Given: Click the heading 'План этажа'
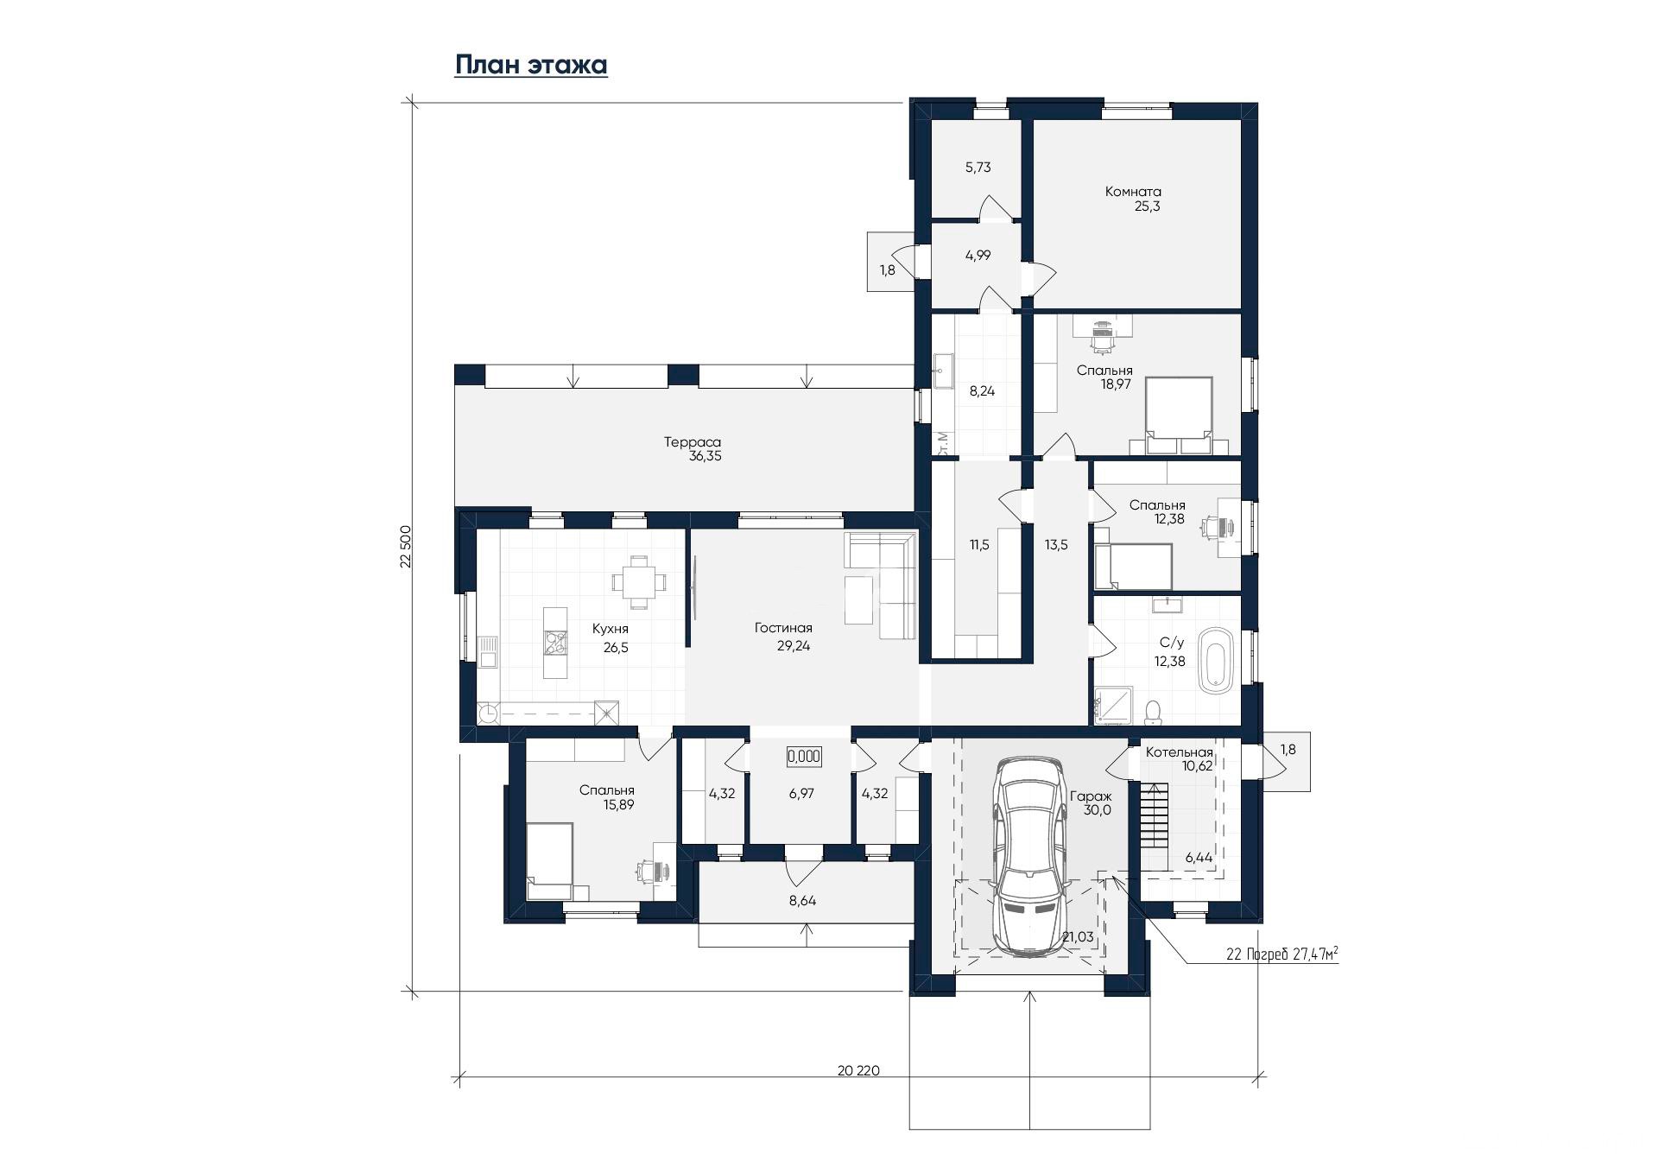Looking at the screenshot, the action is click(x=531, y=66).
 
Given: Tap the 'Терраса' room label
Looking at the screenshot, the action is click(x=693, y=441).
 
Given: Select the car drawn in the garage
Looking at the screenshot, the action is click(x=1028, y=855).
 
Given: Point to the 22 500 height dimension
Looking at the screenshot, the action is click(x=405, y=546).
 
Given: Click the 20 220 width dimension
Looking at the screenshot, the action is click(x=858, y=1070).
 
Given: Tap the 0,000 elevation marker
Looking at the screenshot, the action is click(x=804, y=757).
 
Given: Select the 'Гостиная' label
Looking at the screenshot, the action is click(x=783, y=628).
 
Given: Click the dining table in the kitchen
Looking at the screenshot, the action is click(x=639, y=580).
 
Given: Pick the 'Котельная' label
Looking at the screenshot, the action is click(x=1180, y=752).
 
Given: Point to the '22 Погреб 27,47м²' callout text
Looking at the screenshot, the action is click(x=1282, y=954).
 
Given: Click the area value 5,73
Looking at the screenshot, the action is click(x=978, y=168).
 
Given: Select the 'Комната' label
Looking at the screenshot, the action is click(x=1133, y=192).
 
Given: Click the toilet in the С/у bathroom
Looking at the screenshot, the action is click(x=1152, y=712).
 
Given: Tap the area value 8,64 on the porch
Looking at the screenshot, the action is click(x=802, y=900).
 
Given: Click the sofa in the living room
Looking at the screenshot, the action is click(x=881, y=585).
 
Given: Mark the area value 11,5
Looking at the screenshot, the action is click(x=979, y=545).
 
